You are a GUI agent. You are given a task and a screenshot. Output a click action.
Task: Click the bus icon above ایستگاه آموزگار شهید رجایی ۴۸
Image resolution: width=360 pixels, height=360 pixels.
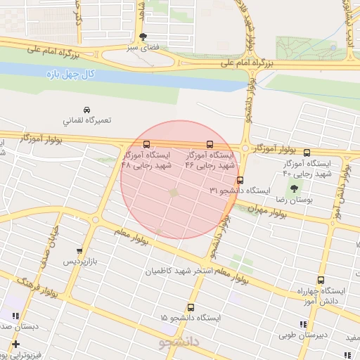click(146, 145)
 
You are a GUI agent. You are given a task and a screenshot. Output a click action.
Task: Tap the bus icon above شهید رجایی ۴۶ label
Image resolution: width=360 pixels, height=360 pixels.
click(210, 145)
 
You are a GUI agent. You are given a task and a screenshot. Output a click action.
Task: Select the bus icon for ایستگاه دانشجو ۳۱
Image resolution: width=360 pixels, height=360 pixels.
click(240, 180)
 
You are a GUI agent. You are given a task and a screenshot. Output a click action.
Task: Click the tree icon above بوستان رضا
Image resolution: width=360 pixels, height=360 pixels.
click(293, 188)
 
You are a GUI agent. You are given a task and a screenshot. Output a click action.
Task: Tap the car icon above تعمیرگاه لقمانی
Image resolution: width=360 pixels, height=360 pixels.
click(86, 110)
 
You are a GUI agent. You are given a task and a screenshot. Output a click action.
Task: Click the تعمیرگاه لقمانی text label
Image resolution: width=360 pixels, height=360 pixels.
click(87, 121)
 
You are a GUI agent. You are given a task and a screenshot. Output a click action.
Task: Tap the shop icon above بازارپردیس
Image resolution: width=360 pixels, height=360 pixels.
click(79, 251)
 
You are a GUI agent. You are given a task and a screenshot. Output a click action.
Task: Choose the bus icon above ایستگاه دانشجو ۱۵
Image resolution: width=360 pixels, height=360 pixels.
click(191, 307)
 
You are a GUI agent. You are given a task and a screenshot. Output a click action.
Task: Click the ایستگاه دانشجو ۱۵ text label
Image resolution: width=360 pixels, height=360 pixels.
click(191, 319)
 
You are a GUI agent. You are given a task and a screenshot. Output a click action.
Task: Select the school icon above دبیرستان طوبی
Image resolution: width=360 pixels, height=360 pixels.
click(304, 324)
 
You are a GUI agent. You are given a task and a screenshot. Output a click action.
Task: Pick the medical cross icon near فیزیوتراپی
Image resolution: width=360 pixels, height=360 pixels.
click(15, 344)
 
